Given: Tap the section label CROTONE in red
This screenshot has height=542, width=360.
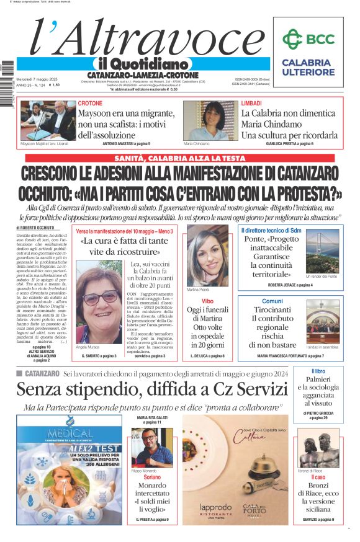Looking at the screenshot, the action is coord(91,104).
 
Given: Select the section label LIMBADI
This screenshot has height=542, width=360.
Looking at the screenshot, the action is coord(251,104).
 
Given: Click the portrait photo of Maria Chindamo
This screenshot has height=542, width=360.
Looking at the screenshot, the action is coord(205,120).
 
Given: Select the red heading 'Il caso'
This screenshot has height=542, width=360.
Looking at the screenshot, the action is coord(318,478).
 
